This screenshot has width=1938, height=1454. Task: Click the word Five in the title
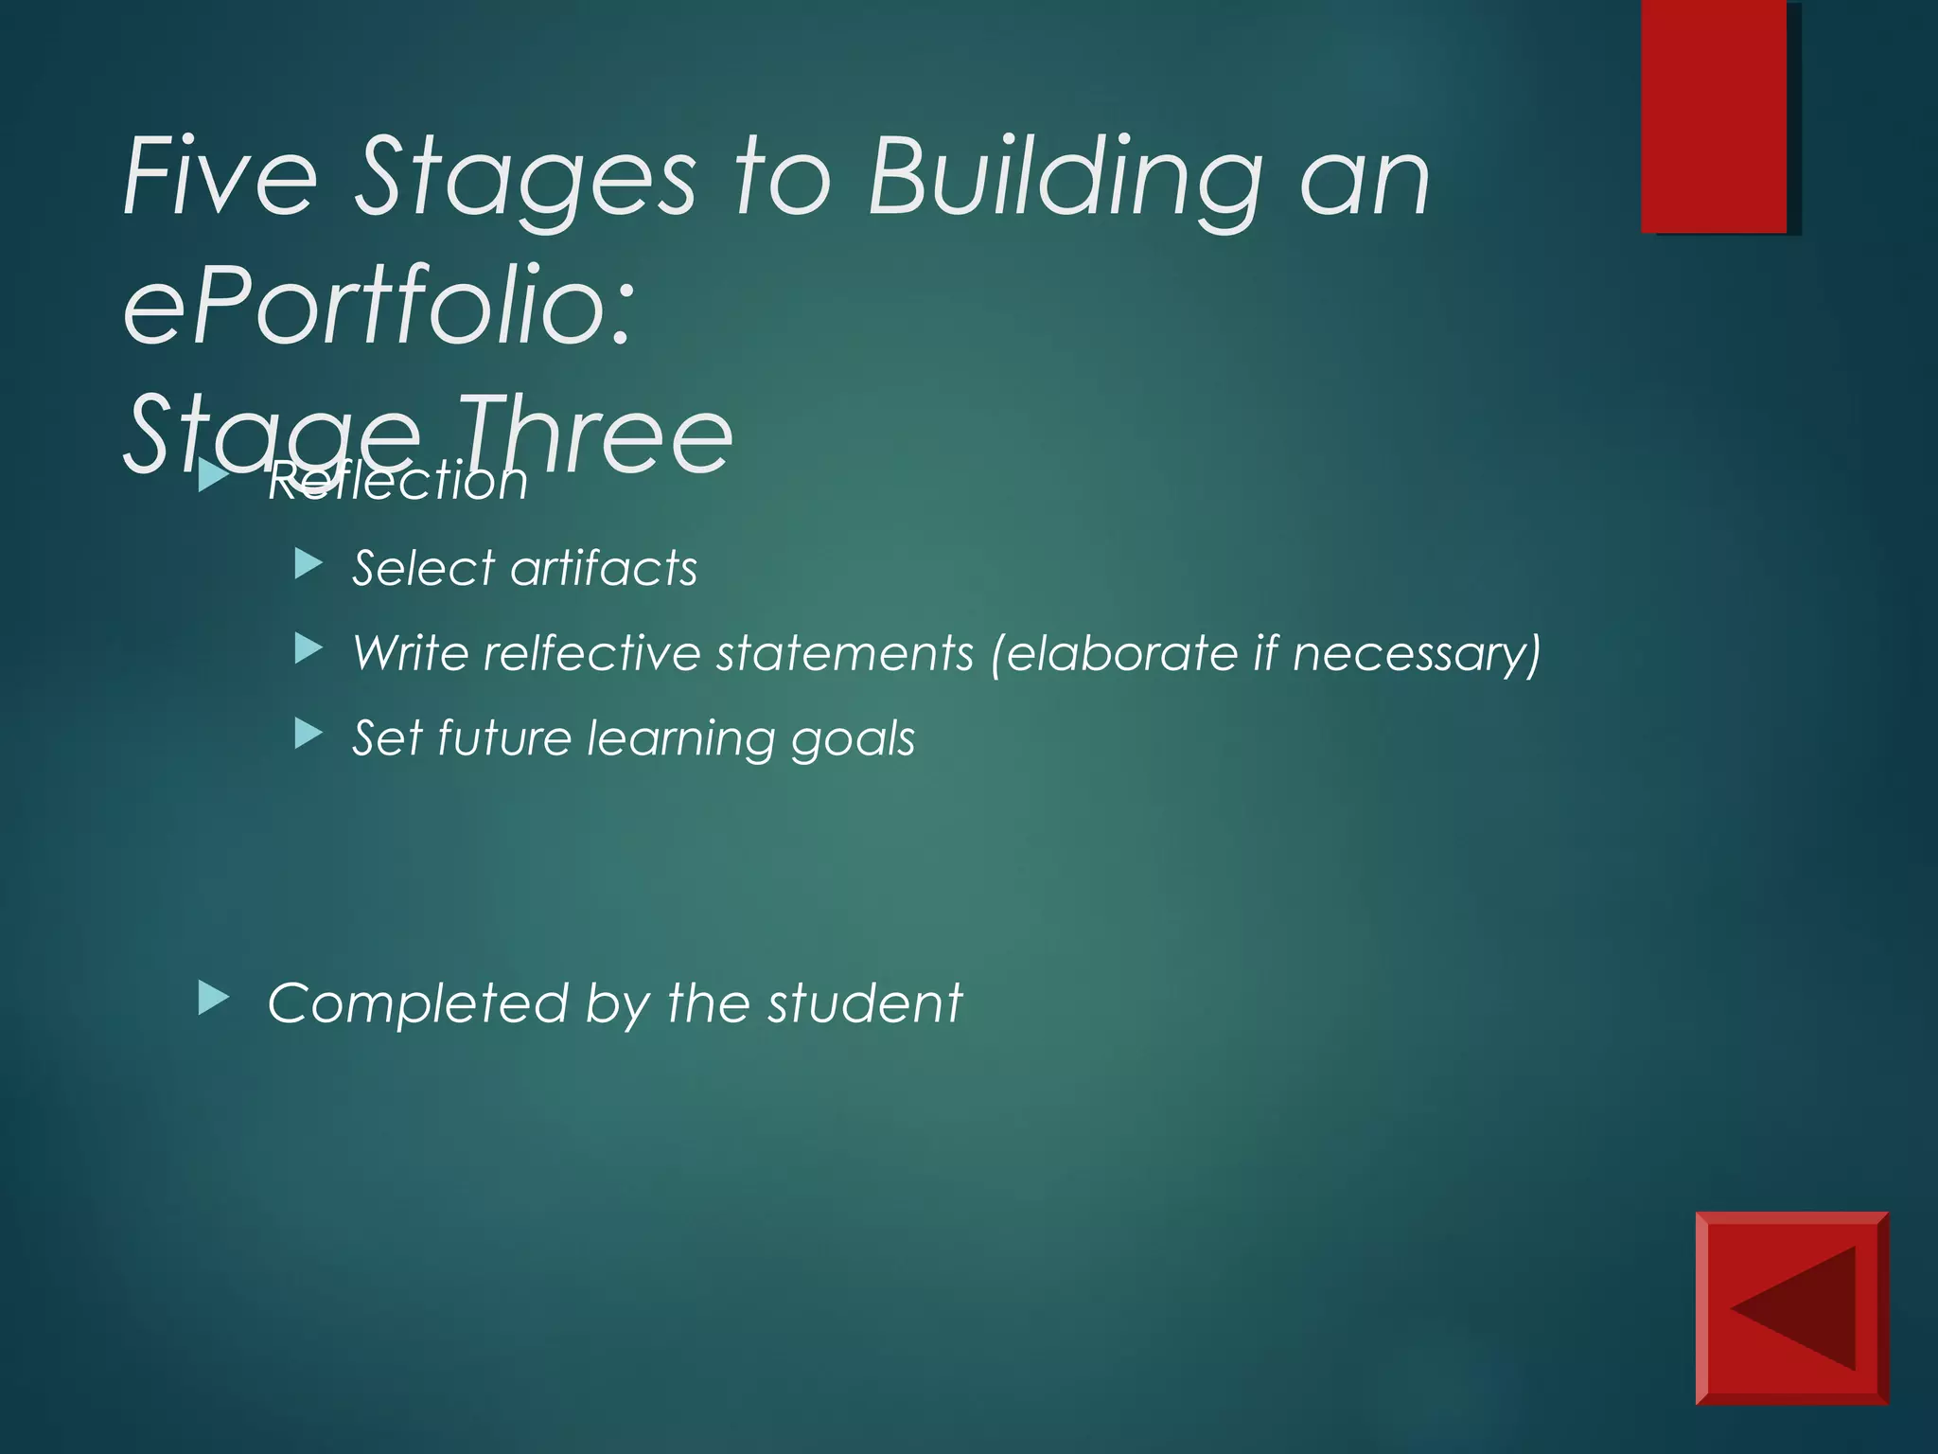[220, 176]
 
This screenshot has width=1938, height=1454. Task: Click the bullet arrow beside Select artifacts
[308, 565]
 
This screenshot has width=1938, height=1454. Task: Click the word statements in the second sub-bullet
[844, 653]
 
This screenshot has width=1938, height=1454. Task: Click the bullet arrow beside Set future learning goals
[308, 733]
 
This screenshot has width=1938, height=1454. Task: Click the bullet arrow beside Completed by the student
[214, 998]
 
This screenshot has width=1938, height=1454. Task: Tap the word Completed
[417, 1003]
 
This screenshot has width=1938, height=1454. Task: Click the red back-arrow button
[1791, 1307]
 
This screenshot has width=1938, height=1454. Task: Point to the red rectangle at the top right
[1714, 115]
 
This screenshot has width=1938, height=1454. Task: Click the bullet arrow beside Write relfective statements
[308, 648]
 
